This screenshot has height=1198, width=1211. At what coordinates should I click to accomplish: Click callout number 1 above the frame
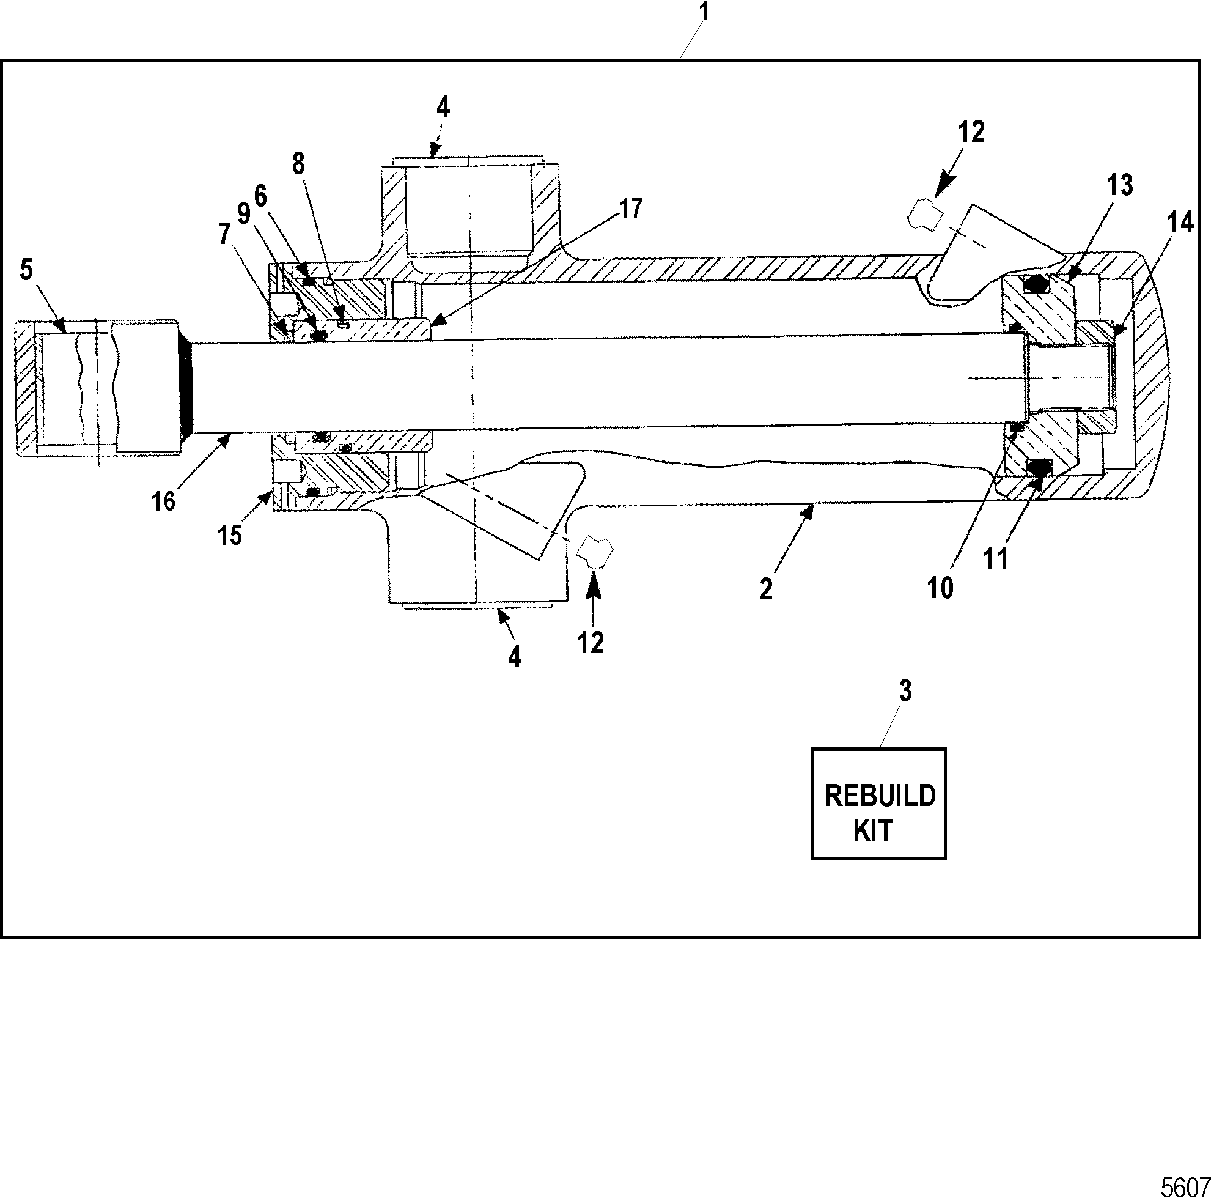(705, 13)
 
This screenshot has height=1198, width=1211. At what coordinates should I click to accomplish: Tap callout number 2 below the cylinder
(766, 590)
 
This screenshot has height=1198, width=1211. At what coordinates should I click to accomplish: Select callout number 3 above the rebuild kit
(906, 691)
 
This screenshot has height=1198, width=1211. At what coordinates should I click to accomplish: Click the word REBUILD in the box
(880, 796)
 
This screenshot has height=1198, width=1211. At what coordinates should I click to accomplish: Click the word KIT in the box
(873, 830)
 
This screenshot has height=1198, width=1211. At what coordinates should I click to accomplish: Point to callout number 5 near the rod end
(26, 270)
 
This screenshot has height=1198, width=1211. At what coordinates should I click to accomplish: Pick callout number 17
(631, 209)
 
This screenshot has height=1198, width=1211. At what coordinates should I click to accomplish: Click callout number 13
(1119, 185)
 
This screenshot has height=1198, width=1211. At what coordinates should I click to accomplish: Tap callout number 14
(1181, 223)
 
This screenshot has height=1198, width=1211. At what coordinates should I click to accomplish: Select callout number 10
(940, 588)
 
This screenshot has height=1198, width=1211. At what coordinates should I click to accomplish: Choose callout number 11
(996, 558)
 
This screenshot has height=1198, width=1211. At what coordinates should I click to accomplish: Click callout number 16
(164, 501)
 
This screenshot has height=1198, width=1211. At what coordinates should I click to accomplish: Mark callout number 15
(230, 535)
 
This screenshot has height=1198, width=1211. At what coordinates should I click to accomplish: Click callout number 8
(298, 164)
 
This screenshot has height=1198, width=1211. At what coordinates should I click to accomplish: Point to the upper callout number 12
(971, 131)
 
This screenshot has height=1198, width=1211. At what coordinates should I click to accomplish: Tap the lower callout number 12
(591, 643)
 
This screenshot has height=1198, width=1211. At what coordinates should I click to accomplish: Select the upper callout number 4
(443, 107)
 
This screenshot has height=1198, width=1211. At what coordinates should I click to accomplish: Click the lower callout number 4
(515, 657)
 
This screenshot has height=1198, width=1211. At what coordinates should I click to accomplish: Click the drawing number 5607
(1185, 1187)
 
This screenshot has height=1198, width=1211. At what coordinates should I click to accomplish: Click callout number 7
(224, 234)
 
